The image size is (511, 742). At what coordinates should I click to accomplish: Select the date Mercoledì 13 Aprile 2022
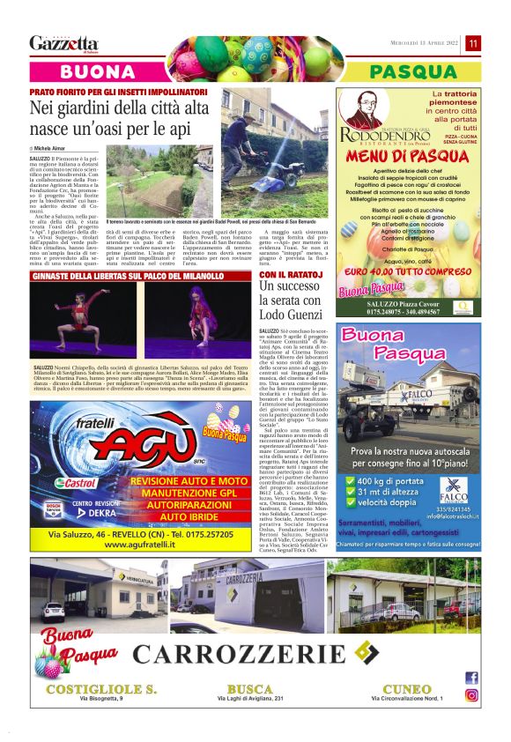pos(426,43)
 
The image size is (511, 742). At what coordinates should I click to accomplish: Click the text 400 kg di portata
pos(400,480)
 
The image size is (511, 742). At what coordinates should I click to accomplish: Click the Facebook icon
pos(471,678)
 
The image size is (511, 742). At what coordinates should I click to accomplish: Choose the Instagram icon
pos(471,694)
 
